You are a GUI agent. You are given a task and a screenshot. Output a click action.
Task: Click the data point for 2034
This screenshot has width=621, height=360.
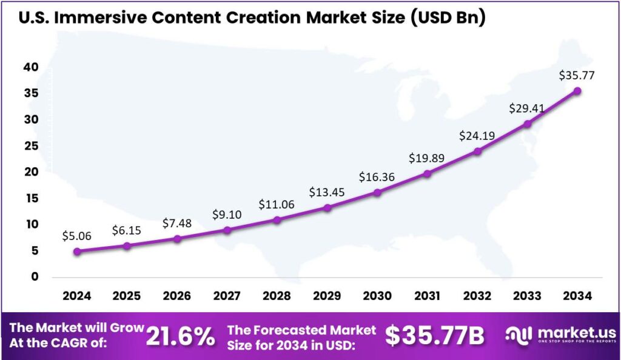[577, 91]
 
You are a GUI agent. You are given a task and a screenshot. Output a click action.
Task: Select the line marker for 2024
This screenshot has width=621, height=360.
[77, 251]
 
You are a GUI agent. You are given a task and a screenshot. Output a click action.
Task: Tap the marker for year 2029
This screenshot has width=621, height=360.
[327, 208]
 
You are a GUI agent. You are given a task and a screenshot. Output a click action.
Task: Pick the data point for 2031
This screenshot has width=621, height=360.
[428, 174]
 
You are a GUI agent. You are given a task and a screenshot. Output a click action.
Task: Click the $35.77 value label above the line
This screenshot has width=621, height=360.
[577, 76]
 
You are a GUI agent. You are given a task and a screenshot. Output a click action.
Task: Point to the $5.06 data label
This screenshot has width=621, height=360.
[77, 236]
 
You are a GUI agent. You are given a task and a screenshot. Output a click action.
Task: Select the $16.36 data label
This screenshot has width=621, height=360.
[377, 177]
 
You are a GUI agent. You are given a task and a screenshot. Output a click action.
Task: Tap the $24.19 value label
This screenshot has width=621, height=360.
[477, 136]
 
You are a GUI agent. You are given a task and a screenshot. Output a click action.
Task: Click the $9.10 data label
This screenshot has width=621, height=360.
[227, 215]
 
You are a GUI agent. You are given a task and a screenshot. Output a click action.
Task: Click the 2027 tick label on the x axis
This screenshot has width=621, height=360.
[227, 296]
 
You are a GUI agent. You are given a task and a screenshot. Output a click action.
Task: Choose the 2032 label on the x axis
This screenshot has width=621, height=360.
[477, 296]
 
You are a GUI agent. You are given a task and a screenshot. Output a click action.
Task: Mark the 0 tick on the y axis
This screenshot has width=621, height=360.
[35, 277]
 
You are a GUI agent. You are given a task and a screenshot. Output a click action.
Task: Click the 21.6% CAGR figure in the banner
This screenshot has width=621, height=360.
[180, 336]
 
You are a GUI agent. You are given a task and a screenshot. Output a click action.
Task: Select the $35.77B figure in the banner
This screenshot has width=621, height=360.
[434, 336]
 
